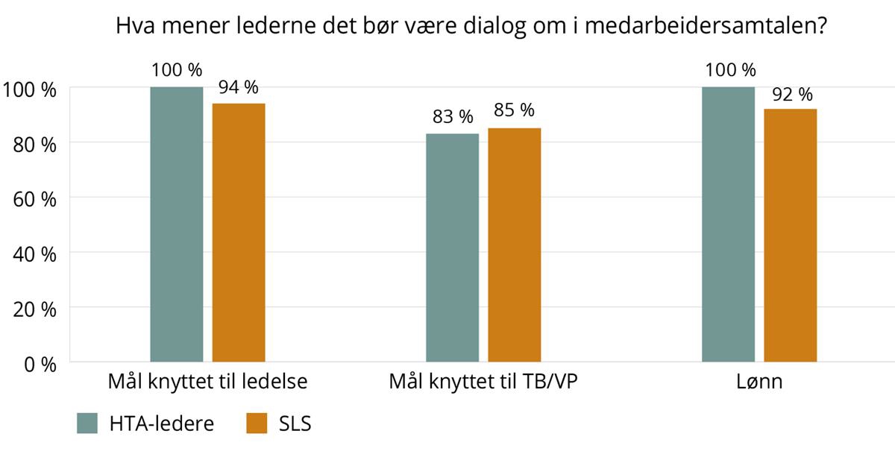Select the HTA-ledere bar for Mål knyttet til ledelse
coord(177,224)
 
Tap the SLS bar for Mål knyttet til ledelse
coord(239,232)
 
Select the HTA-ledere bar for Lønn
coord(729,224)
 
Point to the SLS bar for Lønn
coord(791,235)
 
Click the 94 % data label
coord(239,87)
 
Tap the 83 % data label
coord(452,117)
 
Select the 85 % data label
coord(515,110)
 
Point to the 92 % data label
coord(791,94)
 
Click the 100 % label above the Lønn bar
coord(729,70)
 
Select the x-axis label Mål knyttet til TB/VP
coord(483,383)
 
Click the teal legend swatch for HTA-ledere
coord(88,423)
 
